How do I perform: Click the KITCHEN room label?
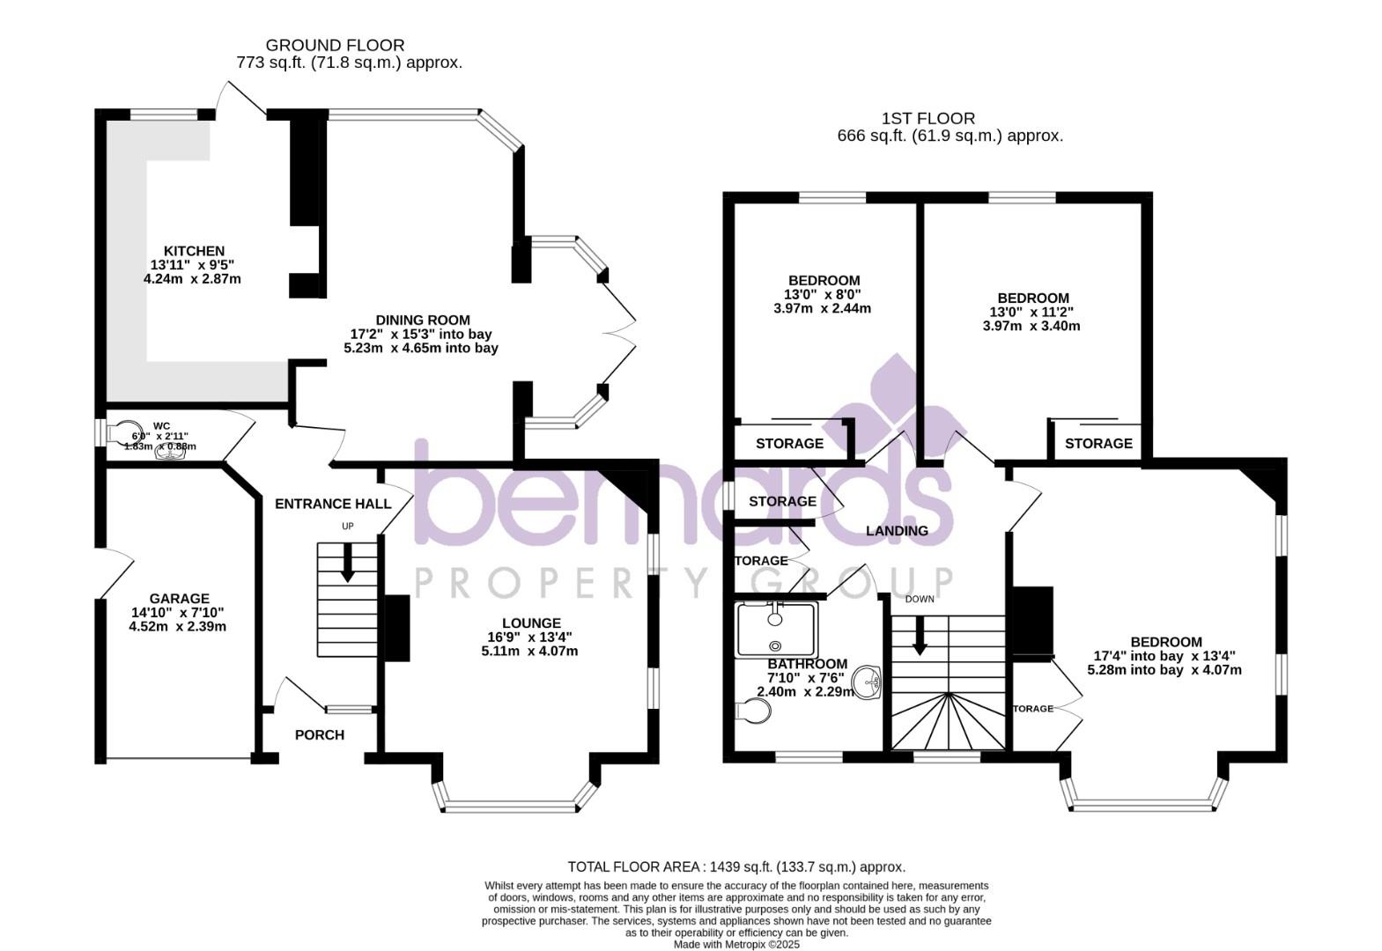click(x=194, y=251)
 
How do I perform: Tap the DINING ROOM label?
click(x=422, y=320)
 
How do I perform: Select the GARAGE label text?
click(x=179, y=598)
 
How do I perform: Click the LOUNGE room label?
click(x=531, y=623)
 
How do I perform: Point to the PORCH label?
click(x=319, y=734)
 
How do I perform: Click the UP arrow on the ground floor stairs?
click(x=347, y=564)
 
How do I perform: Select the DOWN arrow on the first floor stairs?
click(x=920, y=636)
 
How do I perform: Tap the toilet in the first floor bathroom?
click(x=750, y=711)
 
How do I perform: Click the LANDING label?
click(x=897, y=530)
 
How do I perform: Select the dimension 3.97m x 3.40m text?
click(x=1031, y=326)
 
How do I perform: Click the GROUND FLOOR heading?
click(x=335, y=45)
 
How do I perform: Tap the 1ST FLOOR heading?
click(x=927, y=118)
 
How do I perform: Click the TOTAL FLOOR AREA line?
click(x=735, y=866)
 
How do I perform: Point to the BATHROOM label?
click(x=807, y=664)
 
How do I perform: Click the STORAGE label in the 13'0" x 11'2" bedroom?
click(x=1098, y=443)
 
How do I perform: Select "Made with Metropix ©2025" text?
click(x=735, y=944)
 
